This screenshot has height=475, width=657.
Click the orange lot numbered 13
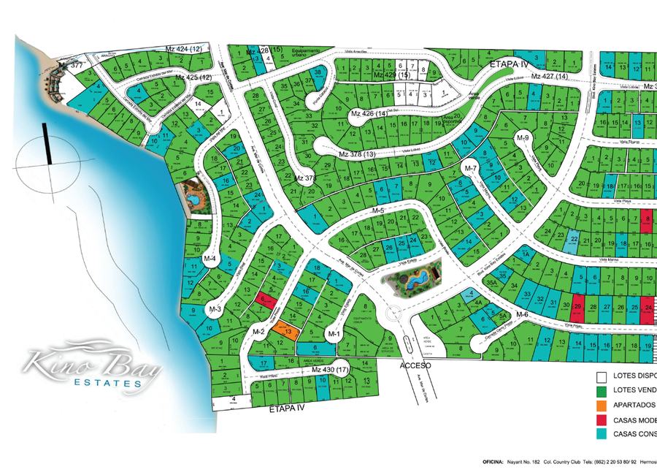pyautogui.click(x=286, y=332)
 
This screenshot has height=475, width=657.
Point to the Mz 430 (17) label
pyautogui.click(x=331, y=370)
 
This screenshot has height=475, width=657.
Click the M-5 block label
pyautogui.click(x=377, y=210)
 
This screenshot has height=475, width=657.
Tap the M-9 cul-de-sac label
pyautogui.click(x=523, y=137)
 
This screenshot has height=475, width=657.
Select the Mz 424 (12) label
pyautogui.click(x=184, y=49)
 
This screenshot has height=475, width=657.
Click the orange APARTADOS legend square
pyautogui.click(x=602, y=406)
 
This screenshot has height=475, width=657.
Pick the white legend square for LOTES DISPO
pyautogui.click(x=602, y=377)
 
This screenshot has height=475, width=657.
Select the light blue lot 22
pyautogui.click(x=574, y=239)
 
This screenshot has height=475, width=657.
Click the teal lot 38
pyautogui.click(x=318, y=72)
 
